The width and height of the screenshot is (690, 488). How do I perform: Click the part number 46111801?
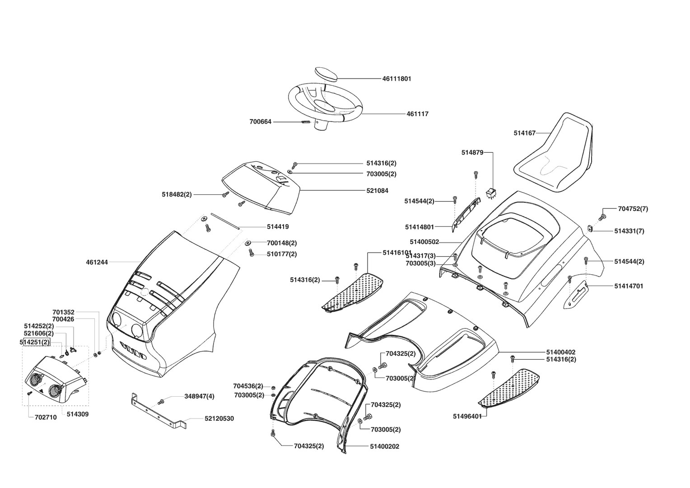coord(396,79)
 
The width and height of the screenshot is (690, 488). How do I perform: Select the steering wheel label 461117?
coord(417,114)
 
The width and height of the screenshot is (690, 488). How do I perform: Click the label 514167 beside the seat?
coord(524,133)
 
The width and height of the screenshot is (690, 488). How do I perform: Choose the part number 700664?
coord(261,122)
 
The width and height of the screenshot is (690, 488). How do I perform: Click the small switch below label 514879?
coord(491,194)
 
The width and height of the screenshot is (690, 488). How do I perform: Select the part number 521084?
coord(377,191)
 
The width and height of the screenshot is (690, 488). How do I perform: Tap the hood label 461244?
coord(97,262)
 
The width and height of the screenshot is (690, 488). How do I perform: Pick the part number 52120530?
coord(219,419)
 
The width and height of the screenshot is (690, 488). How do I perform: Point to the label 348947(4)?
coord(199,396)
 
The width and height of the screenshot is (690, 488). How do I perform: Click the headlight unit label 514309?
coord(78,414)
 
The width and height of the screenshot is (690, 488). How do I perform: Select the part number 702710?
coord(46,418)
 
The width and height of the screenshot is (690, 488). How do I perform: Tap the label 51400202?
coord(384,446)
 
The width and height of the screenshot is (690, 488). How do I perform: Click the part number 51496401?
coord(467,416)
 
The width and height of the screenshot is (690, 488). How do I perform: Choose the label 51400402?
coord(561,352)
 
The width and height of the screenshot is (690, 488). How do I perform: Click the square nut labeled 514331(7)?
coord(590,229)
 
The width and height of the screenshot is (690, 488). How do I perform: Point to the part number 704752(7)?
coord(633,209)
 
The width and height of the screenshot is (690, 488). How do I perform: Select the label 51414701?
coord(629,286)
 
